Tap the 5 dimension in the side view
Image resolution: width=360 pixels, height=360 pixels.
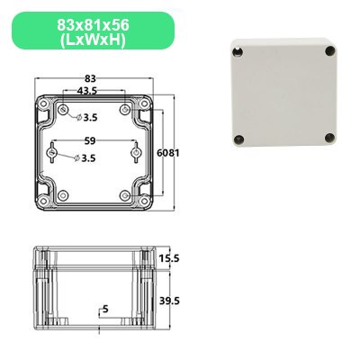(105, 310)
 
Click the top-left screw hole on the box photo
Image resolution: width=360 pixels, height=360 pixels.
(239, 50)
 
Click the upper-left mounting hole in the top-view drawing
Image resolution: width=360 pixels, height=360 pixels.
(65, 110)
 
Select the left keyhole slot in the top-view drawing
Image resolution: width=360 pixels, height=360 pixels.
(53, 155)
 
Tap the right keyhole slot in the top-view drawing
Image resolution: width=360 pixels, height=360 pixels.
(136, 155)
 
